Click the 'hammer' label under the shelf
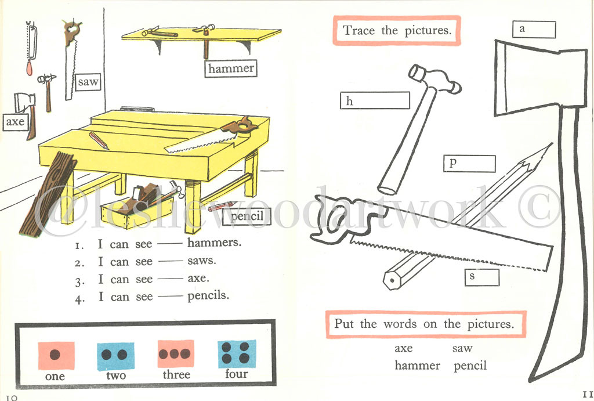(x=231, y=68)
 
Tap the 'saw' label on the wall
(x=88, y=82)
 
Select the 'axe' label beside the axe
(x=15, y=122)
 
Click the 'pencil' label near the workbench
(x=247, y=216)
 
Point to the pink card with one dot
(x=56, y=355)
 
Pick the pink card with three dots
(x=176, y=354)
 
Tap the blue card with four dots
(x=236, y=354)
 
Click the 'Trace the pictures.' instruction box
(x=397, y=30)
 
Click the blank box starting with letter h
(x=375, y=101)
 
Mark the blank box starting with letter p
(x=469, y=164)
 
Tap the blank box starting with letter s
(x=481, y=277)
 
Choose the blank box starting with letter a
(x=534, y=30)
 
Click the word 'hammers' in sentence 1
(x=214, y=243)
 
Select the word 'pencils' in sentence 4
(x=208, y=296)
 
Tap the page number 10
(x=13, y=396)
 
